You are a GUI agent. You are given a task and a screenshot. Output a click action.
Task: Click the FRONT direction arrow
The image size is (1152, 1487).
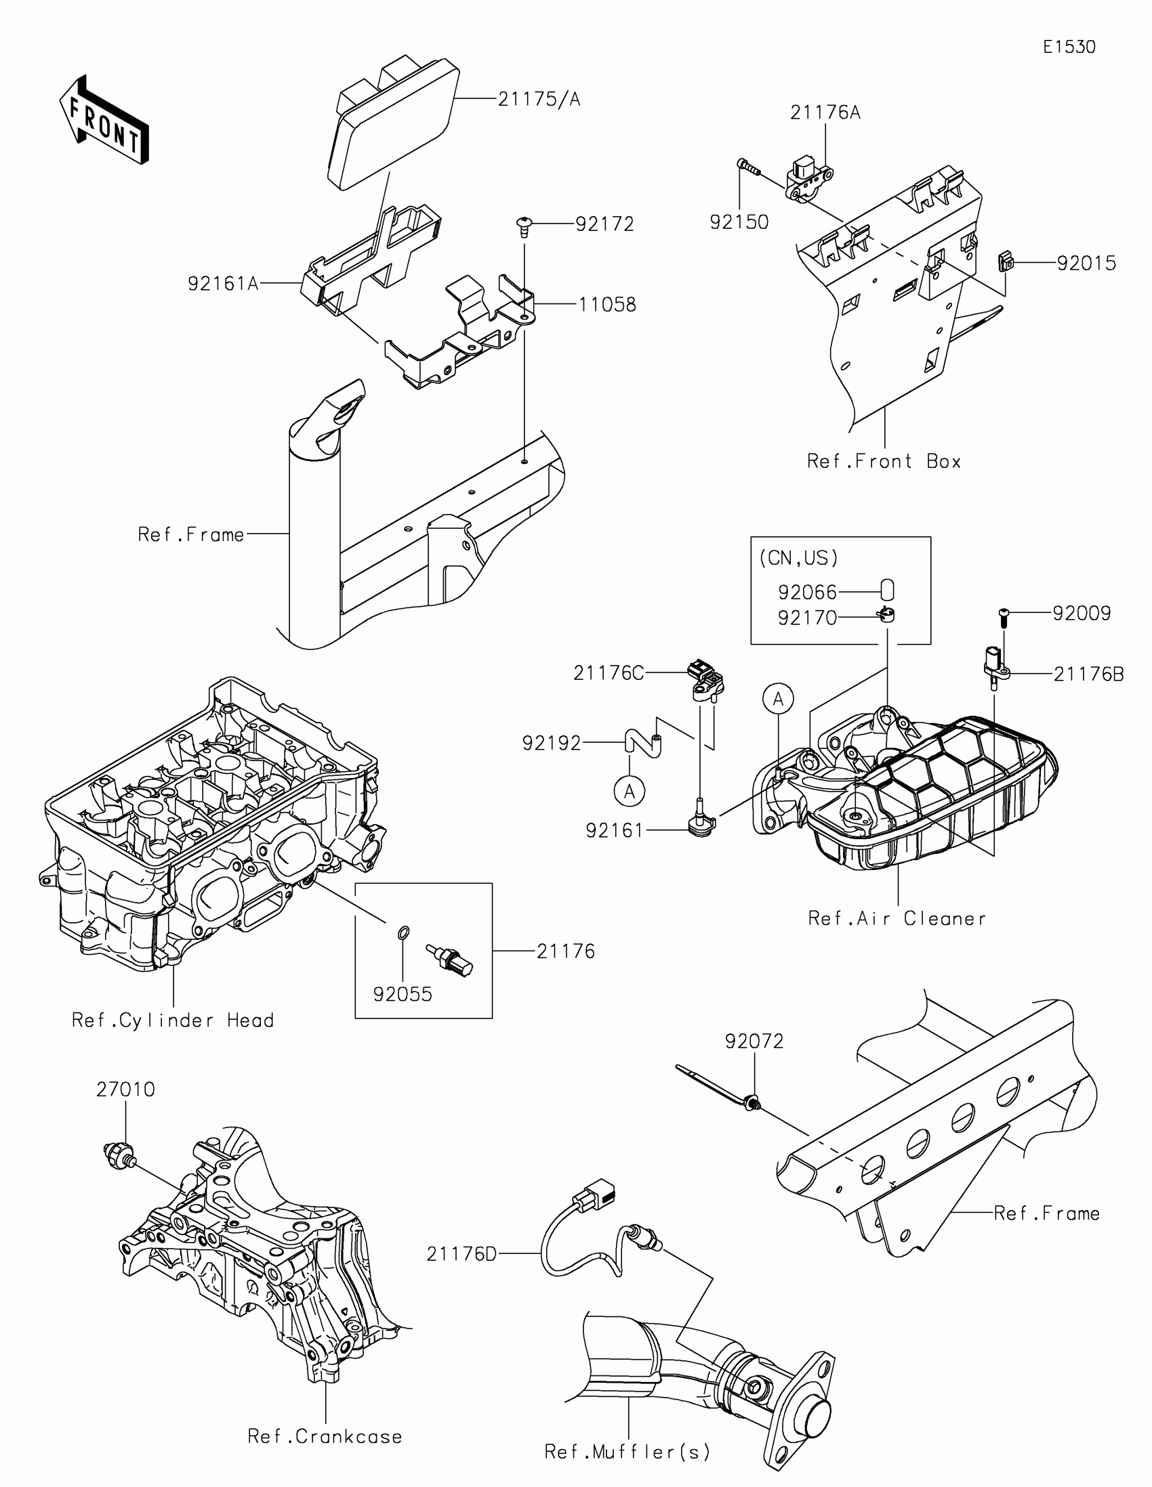[x=104, y=121]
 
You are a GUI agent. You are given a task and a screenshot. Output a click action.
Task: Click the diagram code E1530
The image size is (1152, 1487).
[x=1069, y=47]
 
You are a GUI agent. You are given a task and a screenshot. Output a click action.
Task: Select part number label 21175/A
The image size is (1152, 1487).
[x=539, y=100]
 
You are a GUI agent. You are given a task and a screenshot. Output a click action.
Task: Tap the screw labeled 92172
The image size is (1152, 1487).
[x=524, y=225]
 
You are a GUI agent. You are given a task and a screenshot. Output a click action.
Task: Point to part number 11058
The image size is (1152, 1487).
[x=607, y=304]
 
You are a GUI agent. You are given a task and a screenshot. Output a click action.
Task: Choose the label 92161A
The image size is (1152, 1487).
[x=223, y=283]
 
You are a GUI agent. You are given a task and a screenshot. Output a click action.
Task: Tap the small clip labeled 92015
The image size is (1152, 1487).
[x=1005, y=261]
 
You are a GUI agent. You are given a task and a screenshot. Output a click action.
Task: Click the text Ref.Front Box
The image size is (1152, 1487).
[x=884, y=462]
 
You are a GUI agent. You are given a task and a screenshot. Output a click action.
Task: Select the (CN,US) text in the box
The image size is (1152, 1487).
[x=798, y=559]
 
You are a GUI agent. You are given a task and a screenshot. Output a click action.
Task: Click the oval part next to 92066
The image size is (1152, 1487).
[x=887, y=590]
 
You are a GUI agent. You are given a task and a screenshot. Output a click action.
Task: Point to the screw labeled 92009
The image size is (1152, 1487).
[x=1004, y=617]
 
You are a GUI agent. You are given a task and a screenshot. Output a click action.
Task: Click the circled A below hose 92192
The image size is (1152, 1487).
[x=630, y=791]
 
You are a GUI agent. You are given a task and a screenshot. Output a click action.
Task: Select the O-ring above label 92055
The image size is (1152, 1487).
[x=403, y=932]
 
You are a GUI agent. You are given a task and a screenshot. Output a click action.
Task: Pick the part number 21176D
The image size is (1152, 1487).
[x=461, y=1253]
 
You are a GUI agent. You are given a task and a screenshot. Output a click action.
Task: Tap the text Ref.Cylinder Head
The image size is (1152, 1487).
[x=172, y=1020]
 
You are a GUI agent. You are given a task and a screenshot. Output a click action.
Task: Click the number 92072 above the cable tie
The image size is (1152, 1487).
[x=754, y=1041]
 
